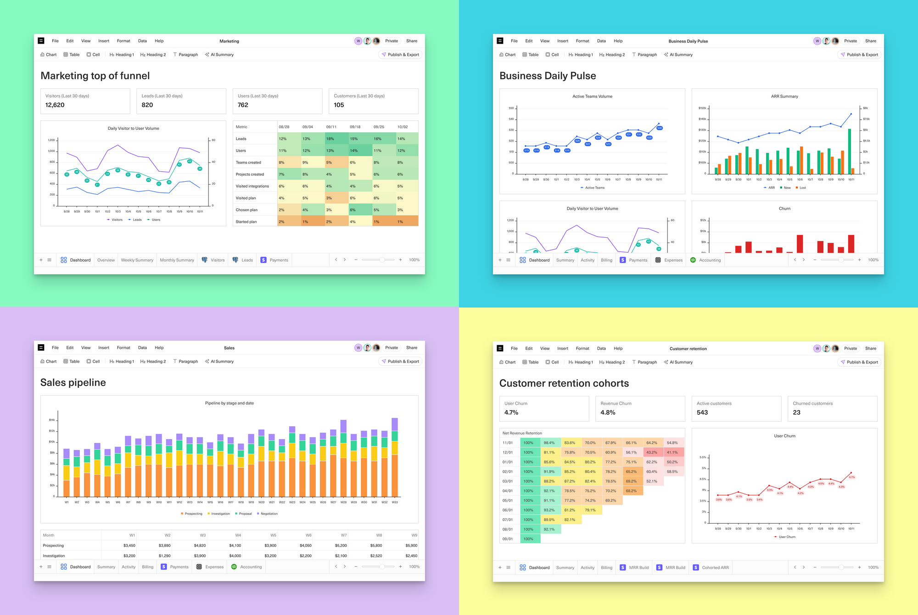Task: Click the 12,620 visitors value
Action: pos(55,105)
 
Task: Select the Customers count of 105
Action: pos(339,105)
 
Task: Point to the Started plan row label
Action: pos(246,222)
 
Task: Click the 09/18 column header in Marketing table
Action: pos(355,127)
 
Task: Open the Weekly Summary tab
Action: pos(137,260)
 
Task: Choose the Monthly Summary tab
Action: pos(177,260)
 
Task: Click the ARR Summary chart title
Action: pos(784,96)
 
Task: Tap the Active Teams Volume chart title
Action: pos(592,96)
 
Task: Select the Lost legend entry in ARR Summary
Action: pos(802,188)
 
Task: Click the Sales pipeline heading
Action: pos(73,383)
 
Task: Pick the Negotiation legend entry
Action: pos(269,514)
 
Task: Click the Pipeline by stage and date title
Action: pos(229,403)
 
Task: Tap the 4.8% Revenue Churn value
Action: pos(608,413)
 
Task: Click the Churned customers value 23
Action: pos(796,413)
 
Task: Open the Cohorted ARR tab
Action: pos(715,568)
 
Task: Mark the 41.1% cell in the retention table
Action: pos(672,453)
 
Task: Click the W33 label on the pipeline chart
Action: pos(395,502)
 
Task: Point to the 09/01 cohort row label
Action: pos(508,539)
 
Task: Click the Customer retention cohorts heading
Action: pos(564,384)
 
